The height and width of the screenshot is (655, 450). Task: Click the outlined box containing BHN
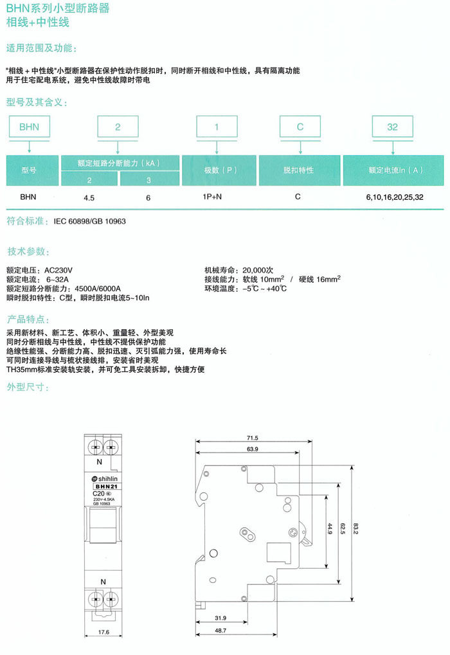29,127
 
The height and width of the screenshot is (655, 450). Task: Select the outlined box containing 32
392,127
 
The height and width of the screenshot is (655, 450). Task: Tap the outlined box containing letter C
300,127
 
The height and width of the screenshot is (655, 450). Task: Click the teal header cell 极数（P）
219,170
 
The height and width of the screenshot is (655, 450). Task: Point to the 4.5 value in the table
89,198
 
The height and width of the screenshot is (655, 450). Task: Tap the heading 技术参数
27,251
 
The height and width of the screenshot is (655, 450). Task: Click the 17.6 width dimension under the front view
104,632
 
